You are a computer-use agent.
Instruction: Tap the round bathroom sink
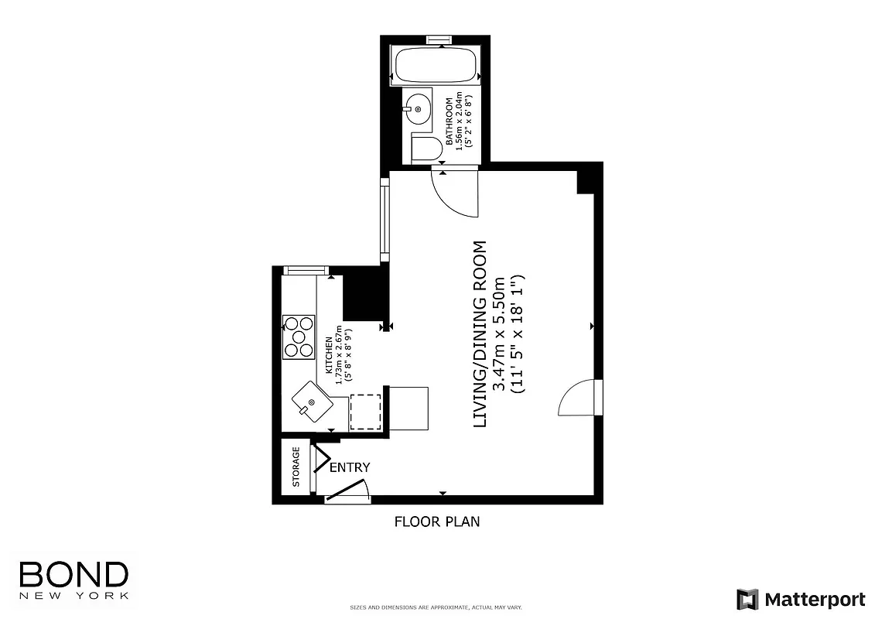[x=416, y=110]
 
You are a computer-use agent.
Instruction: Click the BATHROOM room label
[x=448, y=122]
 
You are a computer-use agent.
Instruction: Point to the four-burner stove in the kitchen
[x=299, y=337]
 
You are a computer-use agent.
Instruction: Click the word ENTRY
[x=350, y=467]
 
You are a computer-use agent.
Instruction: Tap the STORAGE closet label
[x=296, y=467]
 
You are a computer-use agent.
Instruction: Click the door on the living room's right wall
[x=580, y=398]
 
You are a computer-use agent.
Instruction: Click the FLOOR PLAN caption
[x=437, y=522]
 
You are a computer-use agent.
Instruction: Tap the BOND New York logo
[x=73, y=579]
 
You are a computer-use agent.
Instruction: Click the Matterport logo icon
[x=747, y=599]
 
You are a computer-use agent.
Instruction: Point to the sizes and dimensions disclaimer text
[x=437, y=607]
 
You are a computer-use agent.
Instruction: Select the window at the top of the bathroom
[x=439, y=39]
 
